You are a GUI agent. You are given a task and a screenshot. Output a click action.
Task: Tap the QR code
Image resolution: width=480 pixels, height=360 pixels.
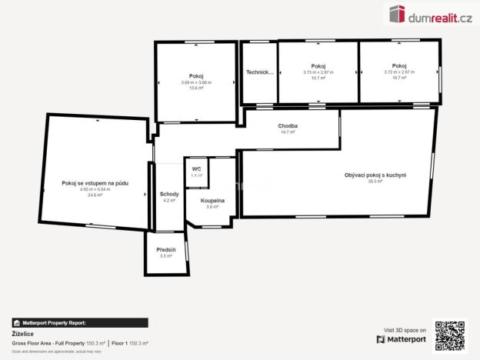[450, 335]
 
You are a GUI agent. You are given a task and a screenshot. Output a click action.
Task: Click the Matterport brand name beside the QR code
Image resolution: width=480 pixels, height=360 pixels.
[406, 339]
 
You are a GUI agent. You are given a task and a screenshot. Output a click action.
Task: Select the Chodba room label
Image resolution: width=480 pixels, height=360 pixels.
[288, 126]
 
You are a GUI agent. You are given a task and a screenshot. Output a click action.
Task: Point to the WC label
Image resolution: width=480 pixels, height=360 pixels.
[197, 169]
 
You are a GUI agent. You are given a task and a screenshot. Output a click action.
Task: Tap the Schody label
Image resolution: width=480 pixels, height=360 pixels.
[169, 194]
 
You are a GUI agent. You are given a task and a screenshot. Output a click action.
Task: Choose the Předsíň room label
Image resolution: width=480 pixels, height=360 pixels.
[166, 250]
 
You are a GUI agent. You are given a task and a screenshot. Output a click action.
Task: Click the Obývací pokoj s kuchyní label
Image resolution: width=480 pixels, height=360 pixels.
[375, 175]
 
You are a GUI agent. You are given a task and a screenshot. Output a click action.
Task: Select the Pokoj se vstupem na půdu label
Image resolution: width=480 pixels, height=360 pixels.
[96, 183]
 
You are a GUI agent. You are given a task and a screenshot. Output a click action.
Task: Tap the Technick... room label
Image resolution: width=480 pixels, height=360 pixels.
[260, 72]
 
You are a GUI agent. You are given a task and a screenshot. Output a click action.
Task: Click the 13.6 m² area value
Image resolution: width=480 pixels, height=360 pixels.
[196, 88]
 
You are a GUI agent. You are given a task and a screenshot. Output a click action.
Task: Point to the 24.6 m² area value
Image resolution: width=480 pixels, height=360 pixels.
[95, 195]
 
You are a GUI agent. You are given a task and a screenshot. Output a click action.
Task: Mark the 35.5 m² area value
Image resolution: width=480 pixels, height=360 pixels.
[375, 182]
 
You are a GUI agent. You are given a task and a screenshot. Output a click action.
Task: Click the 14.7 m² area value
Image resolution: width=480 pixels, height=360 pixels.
[288, 132]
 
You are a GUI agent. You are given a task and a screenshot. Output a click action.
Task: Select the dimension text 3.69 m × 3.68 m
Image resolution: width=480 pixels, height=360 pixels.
[196, 82]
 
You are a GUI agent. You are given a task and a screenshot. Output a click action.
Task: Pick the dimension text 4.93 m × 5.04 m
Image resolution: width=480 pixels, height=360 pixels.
[95, 189]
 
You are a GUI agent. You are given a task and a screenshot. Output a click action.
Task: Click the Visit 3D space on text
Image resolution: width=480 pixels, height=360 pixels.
[404, 329]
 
